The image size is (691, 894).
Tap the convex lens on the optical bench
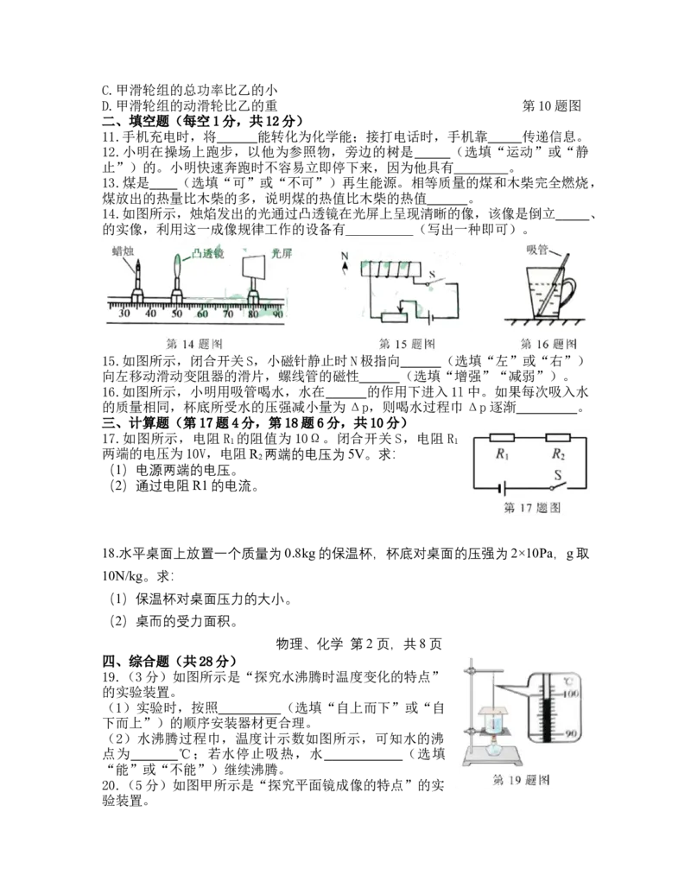point(177,266)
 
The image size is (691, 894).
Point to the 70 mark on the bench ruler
point(228,313)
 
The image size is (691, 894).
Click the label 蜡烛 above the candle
point(123,250)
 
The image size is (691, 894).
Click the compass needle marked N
point(345,264)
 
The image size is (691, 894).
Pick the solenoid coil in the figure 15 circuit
point(390,269)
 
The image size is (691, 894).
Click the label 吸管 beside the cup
point(537,250)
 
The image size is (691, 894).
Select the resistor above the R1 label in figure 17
point(503,438)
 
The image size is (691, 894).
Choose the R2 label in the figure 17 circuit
point(558,454)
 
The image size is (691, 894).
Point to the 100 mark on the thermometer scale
point(571,694)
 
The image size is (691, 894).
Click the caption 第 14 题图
point(193,344)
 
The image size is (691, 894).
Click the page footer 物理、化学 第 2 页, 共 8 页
point(359,644)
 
